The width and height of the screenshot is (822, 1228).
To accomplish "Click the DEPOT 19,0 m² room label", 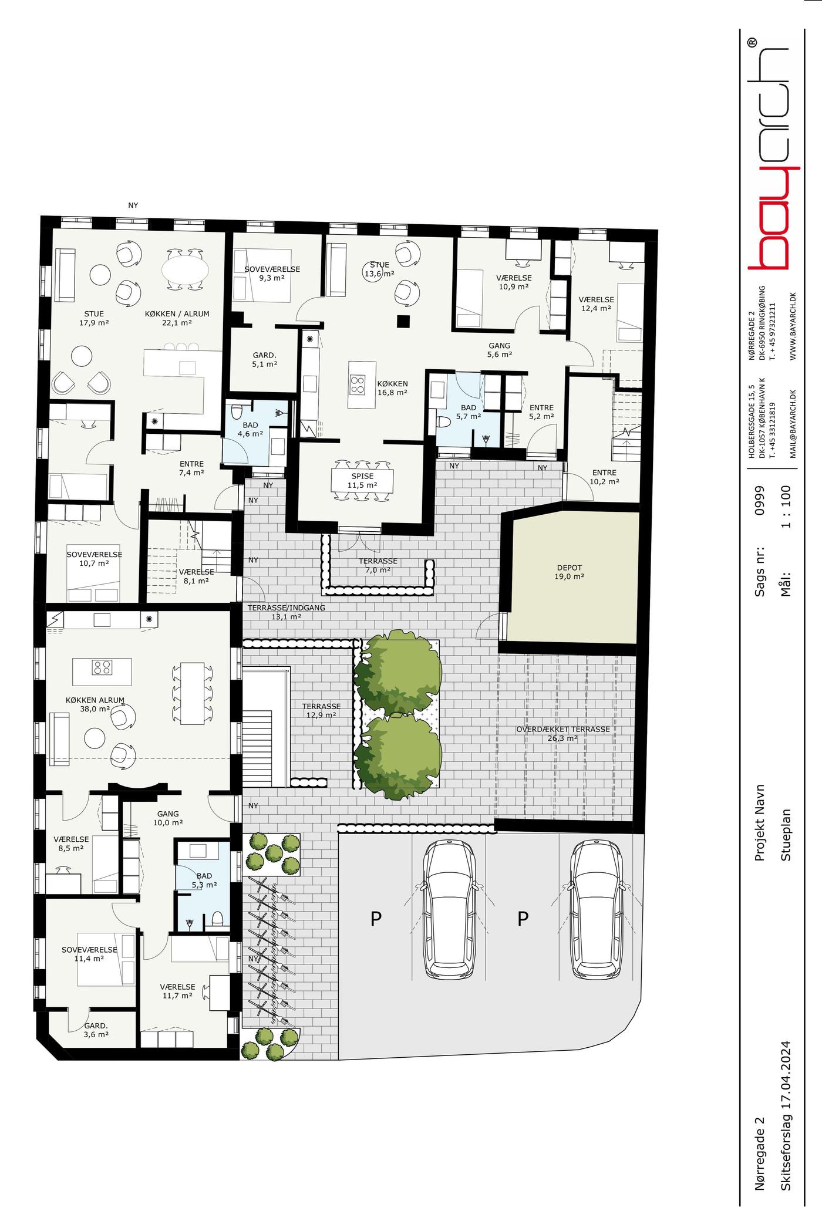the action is [x=570, y=572].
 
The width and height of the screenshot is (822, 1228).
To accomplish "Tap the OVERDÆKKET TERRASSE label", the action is [x=563, y=729].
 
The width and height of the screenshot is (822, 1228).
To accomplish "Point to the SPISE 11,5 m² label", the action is [x=362, y=481].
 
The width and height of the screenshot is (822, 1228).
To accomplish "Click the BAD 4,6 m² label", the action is [x=250, y=429].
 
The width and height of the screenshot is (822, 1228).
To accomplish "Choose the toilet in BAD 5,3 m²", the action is [x=217, y=918].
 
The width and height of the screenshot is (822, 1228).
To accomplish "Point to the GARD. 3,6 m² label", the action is [x=96, y=1030].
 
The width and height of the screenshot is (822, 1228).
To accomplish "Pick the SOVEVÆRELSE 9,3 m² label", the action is [x=272, y=274].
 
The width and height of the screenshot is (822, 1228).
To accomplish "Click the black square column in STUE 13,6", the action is [x=402, y=321].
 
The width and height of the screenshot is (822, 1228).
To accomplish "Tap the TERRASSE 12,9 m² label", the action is [x=321, y=710].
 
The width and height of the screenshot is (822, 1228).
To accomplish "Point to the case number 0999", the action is [x=760, y=500].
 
